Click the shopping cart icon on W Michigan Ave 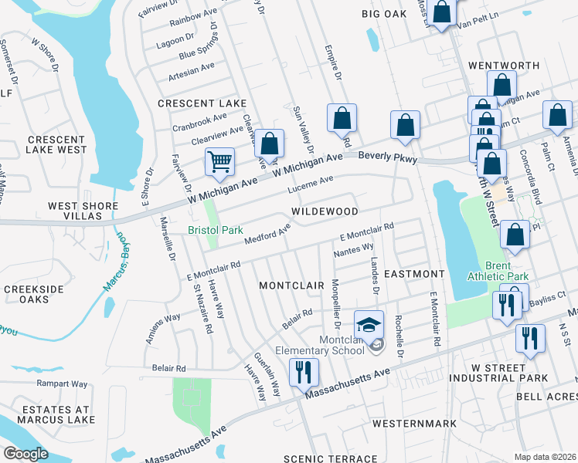(220, 162)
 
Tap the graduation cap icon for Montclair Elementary (369, 324)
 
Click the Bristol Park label (216, 230)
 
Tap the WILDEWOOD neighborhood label (325, 211)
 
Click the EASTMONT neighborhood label (414, 274)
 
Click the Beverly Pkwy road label (388, 157)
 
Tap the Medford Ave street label (267, 234)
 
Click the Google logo (25, 453)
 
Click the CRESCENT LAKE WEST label (57, 144)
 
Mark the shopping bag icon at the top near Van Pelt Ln (443, 13)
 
